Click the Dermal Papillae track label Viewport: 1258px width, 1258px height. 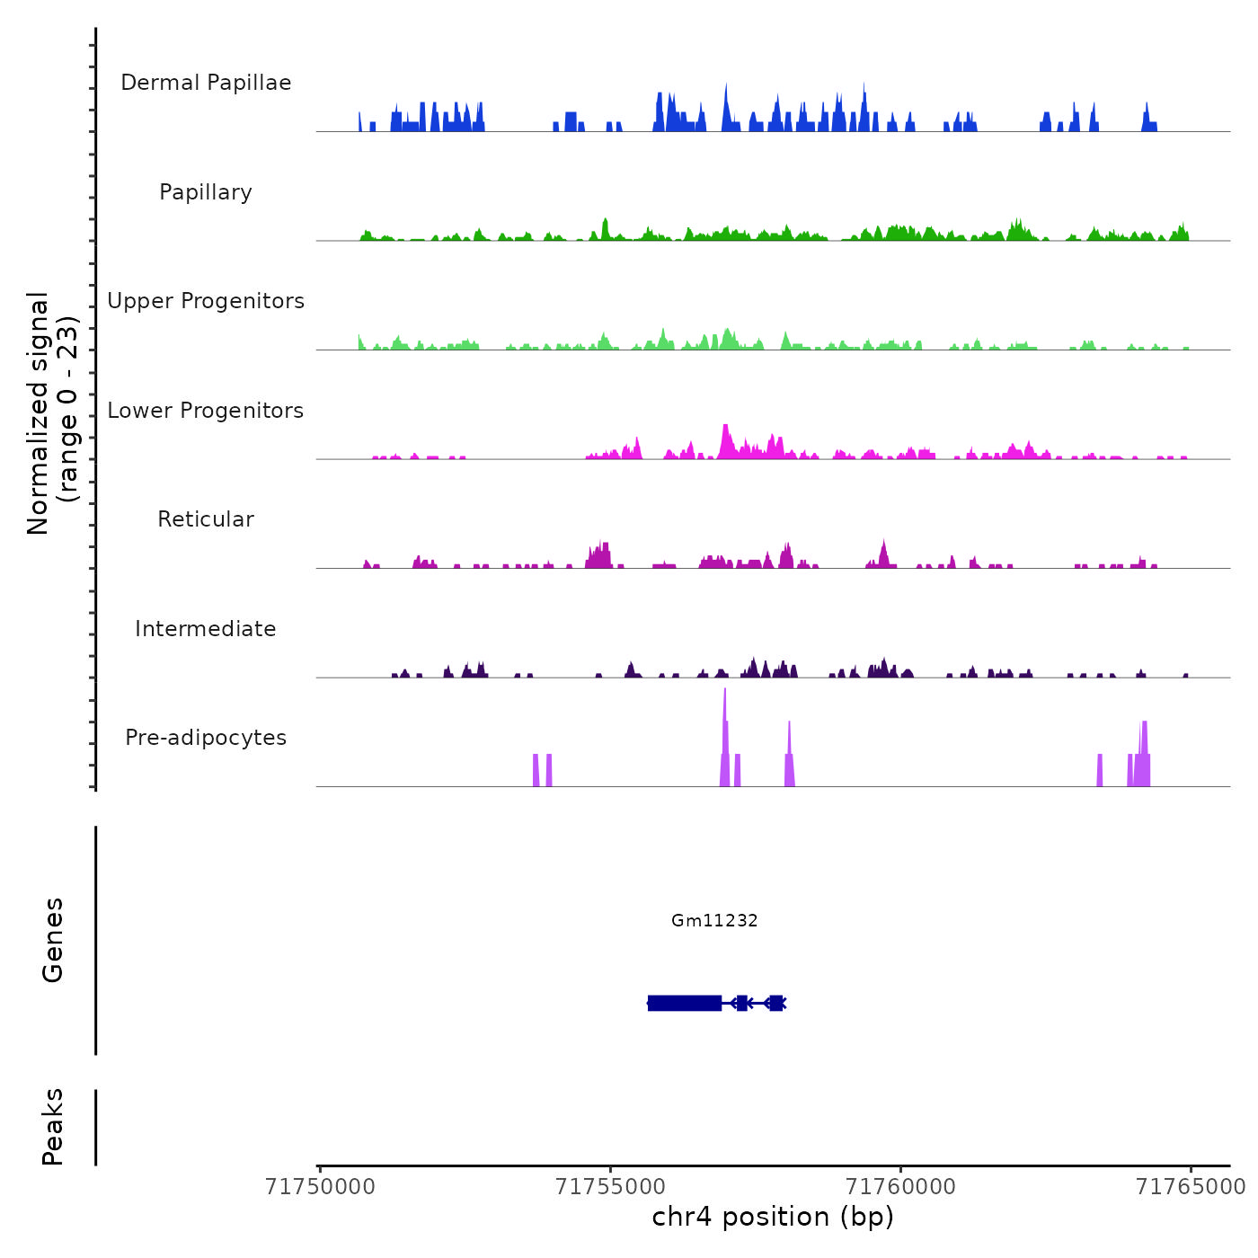[x=206, y=83]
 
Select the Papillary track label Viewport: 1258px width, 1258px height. [x=206, y=192]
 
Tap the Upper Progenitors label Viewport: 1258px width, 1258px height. [x=206, y=301]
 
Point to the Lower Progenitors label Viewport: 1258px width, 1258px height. [x=206, y=411]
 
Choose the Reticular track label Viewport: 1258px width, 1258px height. [x=206, y=519]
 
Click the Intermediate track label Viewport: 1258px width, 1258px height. [x=206, y=629]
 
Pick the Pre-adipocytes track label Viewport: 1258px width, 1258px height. [x=206, y=738]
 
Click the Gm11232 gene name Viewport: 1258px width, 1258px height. [x=714, y=920]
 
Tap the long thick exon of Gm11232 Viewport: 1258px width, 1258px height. [x=685, y=1003]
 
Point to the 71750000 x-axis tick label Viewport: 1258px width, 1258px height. [x=320, y=1187]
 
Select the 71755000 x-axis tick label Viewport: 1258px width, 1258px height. [x=611, y=1187]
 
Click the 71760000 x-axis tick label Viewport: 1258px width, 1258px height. [x=901, y=1187]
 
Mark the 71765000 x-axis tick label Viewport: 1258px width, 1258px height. [x=1192, y=1187]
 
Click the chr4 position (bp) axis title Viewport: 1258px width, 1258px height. [x=773, y=1217]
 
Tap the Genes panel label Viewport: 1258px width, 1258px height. [x=53, y=940]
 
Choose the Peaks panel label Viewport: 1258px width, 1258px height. [x=53, y=1127]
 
